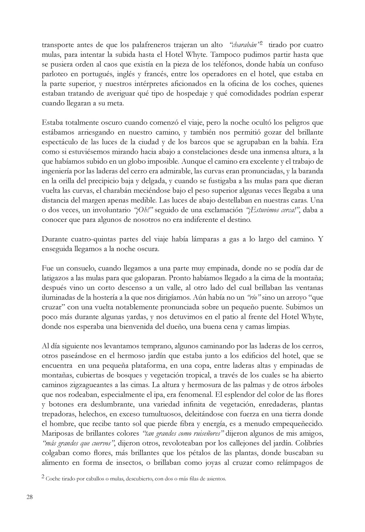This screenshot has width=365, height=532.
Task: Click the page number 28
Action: [29, 497]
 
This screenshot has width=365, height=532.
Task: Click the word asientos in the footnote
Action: [213, 479]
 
